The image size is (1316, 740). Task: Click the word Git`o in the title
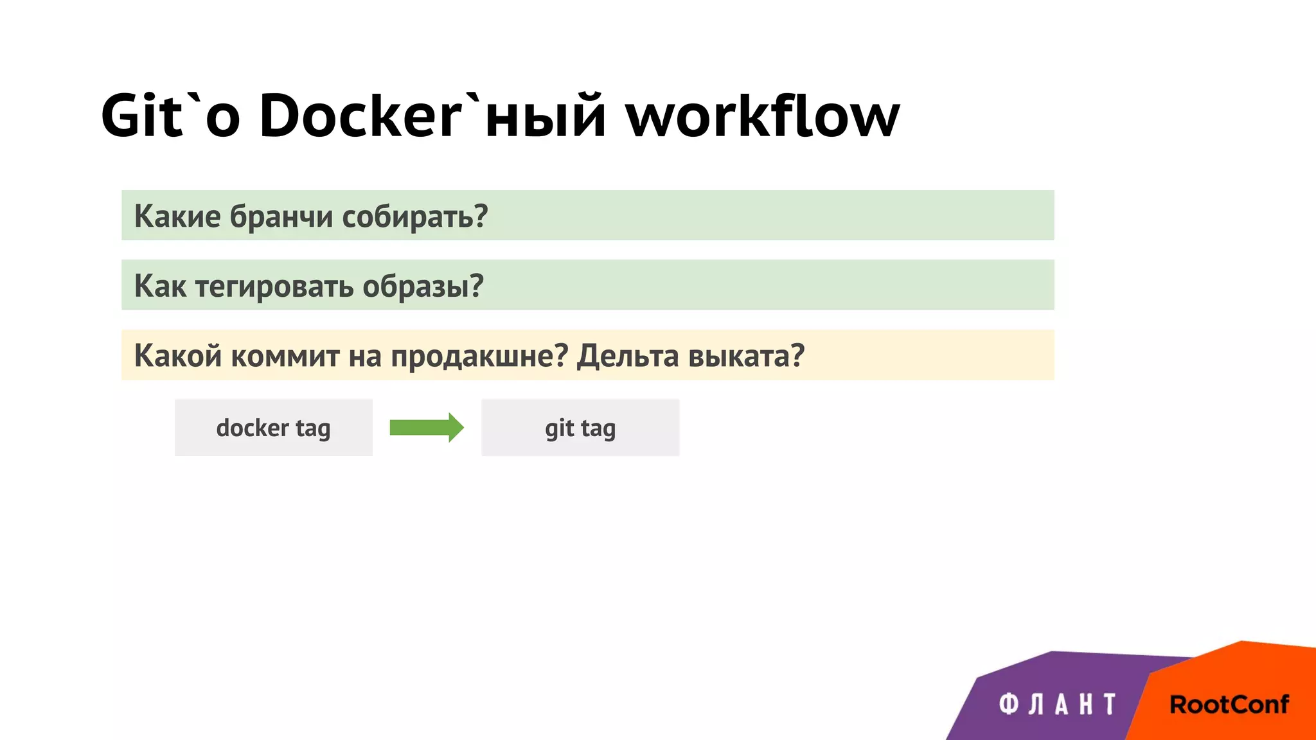(x=170, y=116)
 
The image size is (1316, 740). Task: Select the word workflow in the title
(x=763, y=116)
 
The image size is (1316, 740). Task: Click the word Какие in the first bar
(x=177, y=216)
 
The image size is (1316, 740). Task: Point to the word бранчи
(x=281, y=216)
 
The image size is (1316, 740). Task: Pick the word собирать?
(x=415, y=216)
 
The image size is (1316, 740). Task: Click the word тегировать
(x=274, y=286)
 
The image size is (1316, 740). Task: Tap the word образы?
(x=423, y=286)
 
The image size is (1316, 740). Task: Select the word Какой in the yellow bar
(x=178, y=355)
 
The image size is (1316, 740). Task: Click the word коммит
(x=285, y=355)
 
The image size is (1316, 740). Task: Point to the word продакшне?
(x=479, y=355)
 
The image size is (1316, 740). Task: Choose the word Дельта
(x=628, y=355)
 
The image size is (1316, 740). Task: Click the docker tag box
(x=274, y=428)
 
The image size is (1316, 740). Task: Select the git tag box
(x=580, y=428)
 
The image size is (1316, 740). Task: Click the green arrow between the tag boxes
(x=426, y=428)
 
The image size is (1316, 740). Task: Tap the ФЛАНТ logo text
(x=1057, y=705)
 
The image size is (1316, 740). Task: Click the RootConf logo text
(x=1229, y=705)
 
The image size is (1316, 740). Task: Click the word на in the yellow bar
(x=365, y=355)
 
